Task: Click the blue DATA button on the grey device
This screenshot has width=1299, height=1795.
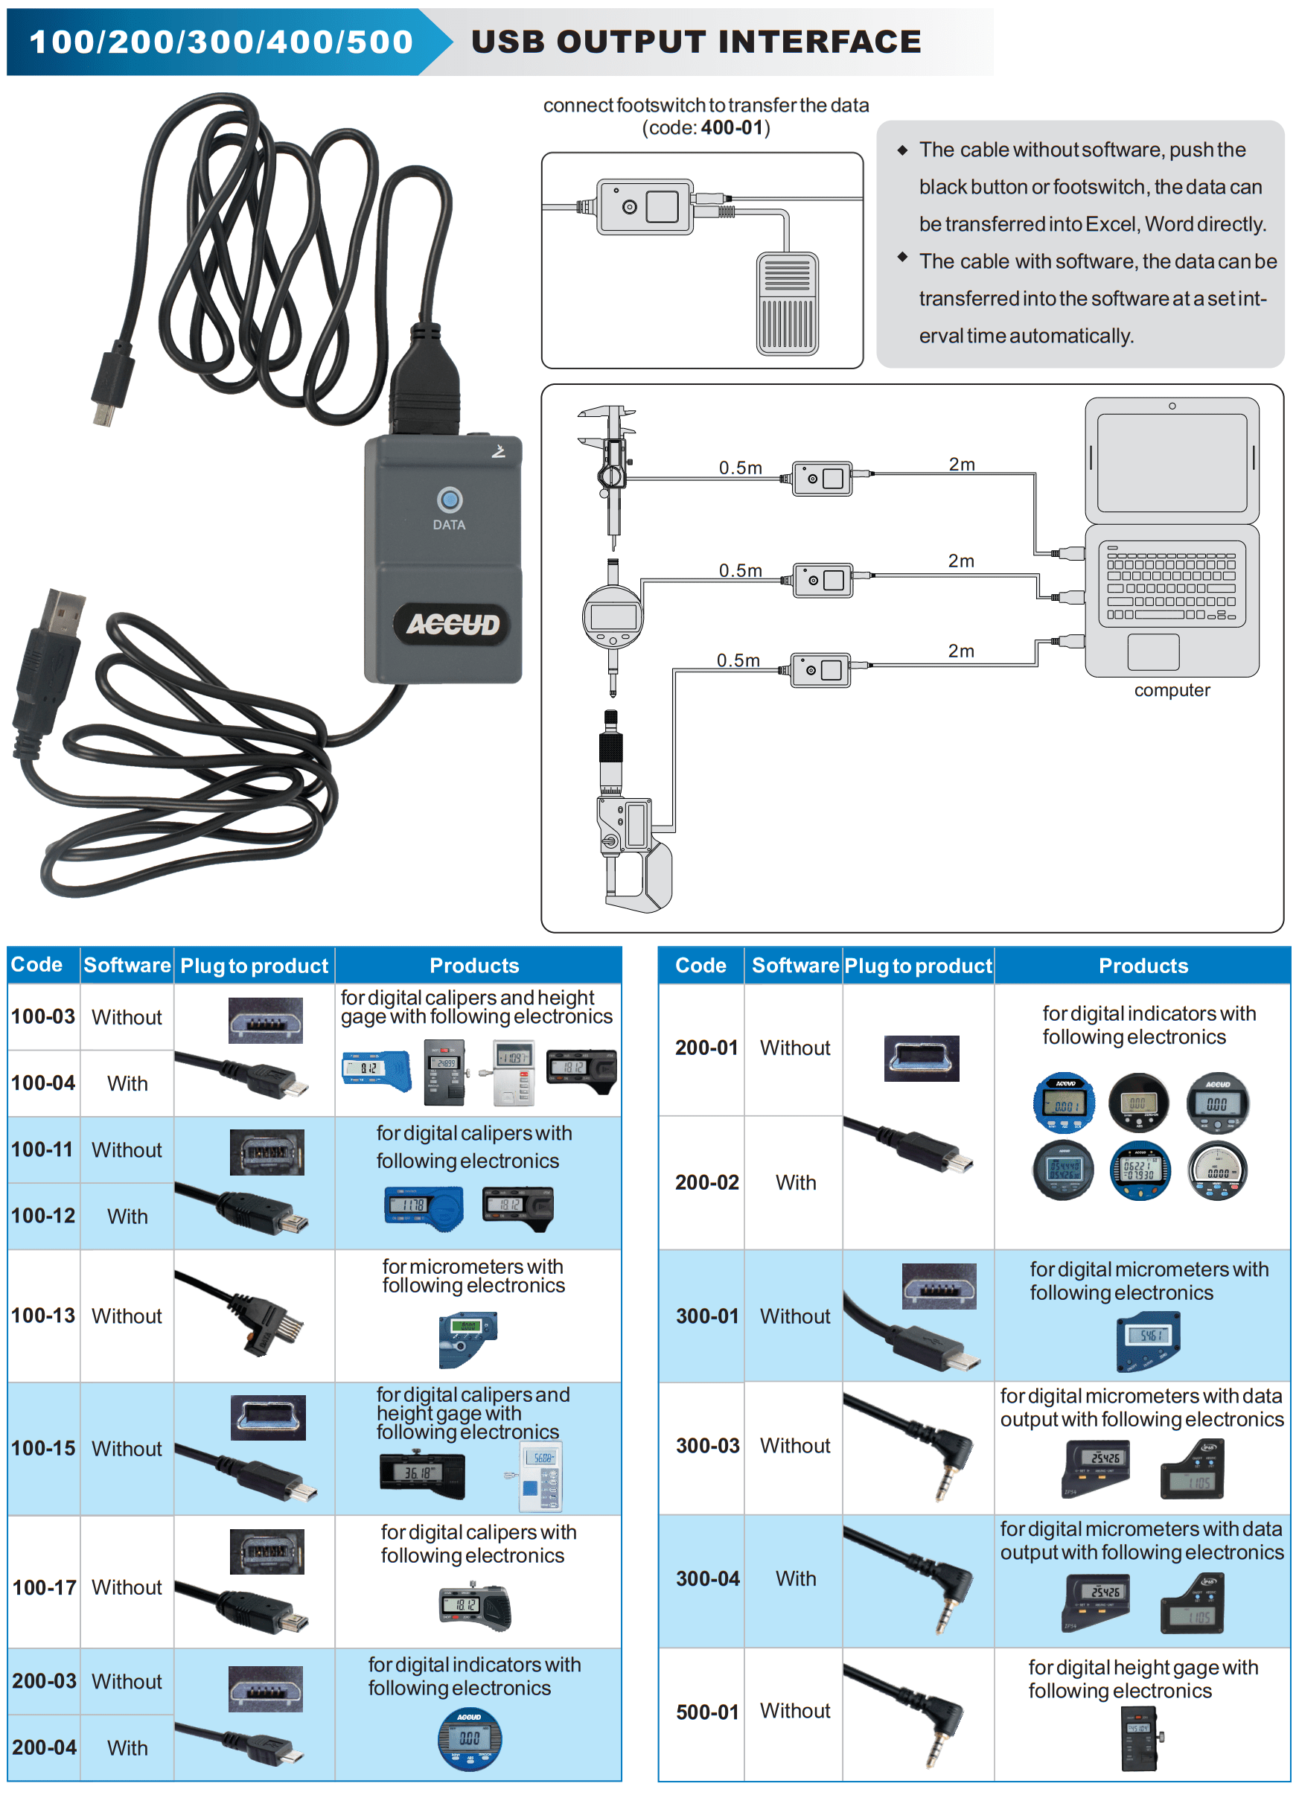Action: coord(450,500)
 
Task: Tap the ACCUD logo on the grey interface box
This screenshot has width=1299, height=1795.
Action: coord(453,625)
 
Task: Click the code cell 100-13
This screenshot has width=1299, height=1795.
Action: coord(43,1316)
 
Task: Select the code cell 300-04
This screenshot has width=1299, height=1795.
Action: coord(707,1578)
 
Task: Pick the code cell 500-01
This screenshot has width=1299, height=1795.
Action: coord(707,1712)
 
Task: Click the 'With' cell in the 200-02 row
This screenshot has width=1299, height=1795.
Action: coord(795,1182)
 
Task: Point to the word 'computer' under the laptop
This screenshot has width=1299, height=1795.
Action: coord(1172,690)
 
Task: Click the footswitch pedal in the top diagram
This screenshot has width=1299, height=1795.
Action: coord(787,304)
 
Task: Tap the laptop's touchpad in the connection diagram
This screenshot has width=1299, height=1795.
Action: coord(1152,652)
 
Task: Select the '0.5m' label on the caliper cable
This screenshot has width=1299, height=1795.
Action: coord(740,468)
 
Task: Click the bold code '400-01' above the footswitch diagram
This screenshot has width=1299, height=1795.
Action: coord(732,127)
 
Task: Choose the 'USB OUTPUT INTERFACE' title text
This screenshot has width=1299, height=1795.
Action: coord(695,42)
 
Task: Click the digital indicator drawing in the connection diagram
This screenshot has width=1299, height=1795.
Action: coord(613,617)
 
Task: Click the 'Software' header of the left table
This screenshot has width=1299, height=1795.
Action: coord(127,965)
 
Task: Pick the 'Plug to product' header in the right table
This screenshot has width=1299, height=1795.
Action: coord(918,966)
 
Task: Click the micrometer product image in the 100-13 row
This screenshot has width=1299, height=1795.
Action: coord(467,1339)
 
